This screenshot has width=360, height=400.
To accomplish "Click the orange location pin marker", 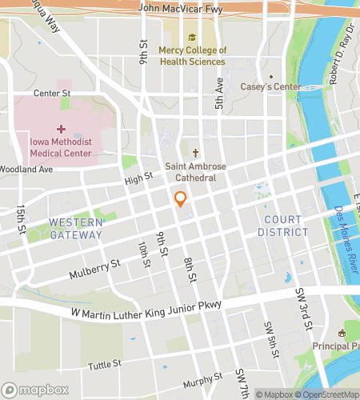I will click(181, 199).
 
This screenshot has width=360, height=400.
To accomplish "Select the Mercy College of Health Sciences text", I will click(193, 55).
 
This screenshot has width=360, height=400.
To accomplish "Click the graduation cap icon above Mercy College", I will click(192, 37).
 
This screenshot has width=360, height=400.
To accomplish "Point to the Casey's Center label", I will click(274, 86).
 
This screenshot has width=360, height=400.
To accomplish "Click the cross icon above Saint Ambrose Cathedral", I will click(192, 152).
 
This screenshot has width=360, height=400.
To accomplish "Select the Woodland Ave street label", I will click(26, 170).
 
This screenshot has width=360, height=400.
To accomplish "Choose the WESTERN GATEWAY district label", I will click(75, 228).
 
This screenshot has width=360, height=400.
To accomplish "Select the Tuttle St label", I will click(105, 363).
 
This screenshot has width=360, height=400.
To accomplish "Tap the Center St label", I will click(53, 94).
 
